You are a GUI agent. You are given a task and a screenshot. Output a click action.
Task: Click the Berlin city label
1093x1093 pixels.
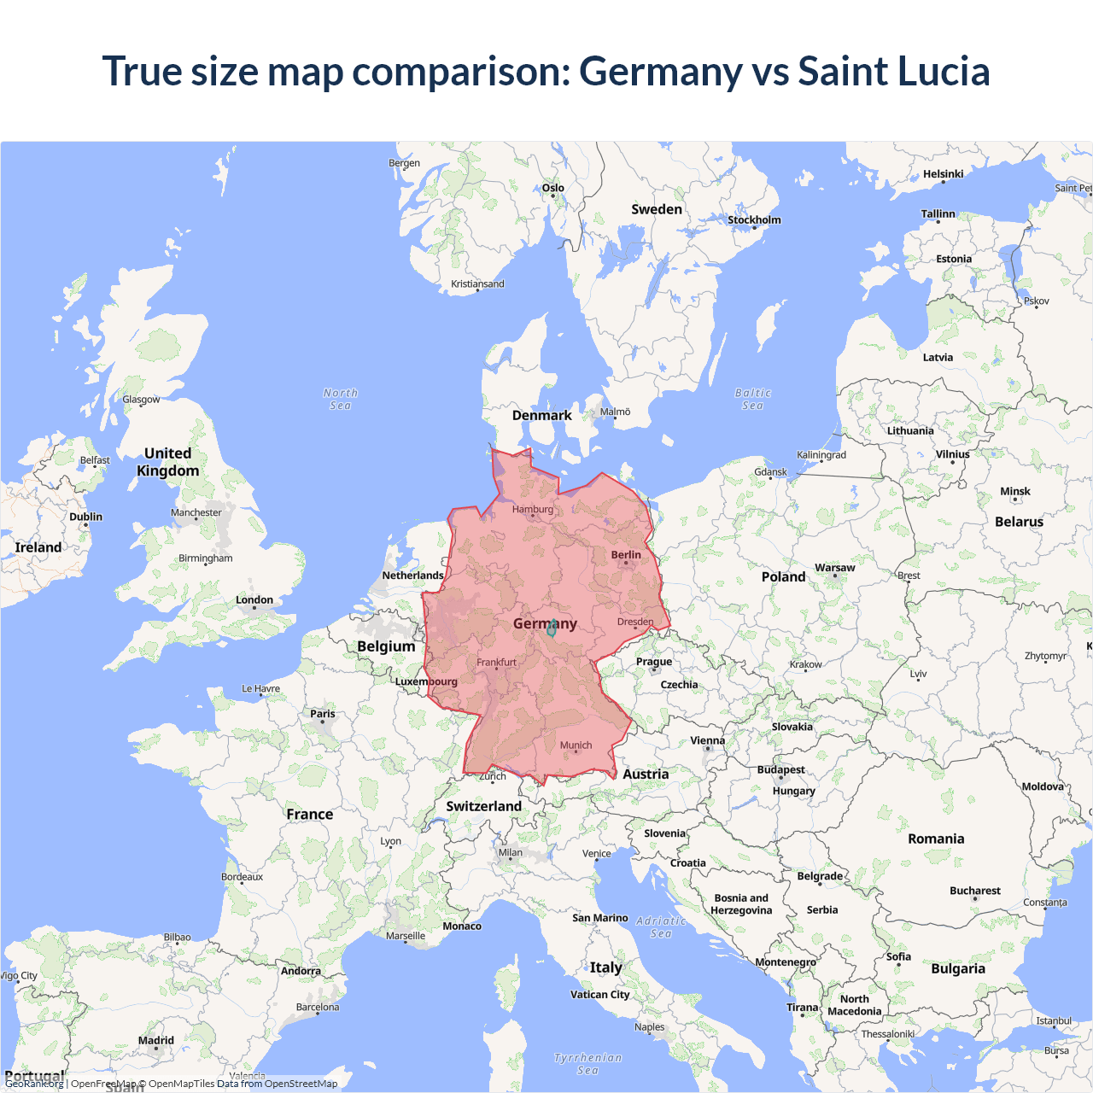(626, 555)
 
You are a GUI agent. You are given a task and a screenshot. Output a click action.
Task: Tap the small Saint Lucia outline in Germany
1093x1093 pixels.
(552, 629)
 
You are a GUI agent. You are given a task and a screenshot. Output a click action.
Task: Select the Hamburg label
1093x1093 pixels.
(533, 510)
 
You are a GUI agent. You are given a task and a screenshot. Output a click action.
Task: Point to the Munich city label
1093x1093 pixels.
(576, 745)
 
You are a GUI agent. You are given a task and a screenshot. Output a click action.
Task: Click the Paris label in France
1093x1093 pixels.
(323, 714)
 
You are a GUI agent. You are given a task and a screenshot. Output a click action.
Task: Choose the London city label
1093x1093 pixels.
(254, 600)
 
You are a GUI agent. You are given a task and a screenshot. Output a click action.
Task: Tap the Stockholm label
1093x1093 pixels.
(754, 220)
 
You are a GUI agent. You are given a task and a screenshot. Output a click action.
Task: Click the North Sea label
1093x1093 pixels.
(341, 399)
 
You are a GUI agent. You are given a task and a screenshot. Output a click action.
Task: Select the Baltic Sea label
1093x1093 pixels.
(752, 399)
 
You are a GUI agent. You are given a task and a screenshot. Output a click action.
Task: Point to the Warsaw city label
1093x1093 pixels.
(834, 568)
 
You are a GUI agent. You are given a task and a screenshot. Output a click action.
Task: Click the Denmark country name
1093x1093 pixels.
(541, 416)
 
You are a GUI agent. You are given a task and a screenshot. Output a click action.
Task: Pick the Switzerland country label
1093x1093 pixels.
(483, 806)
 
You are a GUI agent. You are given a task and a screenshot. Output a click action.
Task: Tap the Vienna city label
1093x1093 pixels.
(707, 741)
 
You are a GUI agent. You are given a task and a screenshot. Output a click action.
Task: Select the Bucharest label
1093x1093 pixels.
(974, 891)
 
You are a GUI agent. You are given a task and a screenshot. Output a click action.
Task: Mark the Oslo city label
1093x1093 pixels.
(552, 188)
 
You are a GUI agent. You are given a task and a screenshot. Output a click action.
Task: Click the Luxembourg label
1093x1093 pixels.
(426, 681)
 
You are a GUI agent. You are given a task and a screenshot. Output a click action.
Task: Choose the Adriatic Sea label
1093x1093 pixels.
(661, 926)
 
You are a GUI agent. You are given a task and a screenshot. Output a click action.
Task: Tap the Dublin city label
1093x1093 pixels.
(85, 517)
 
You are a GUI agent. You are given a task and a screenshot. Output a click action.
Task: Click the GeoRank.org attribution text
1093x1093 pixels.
(34, 1084)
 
